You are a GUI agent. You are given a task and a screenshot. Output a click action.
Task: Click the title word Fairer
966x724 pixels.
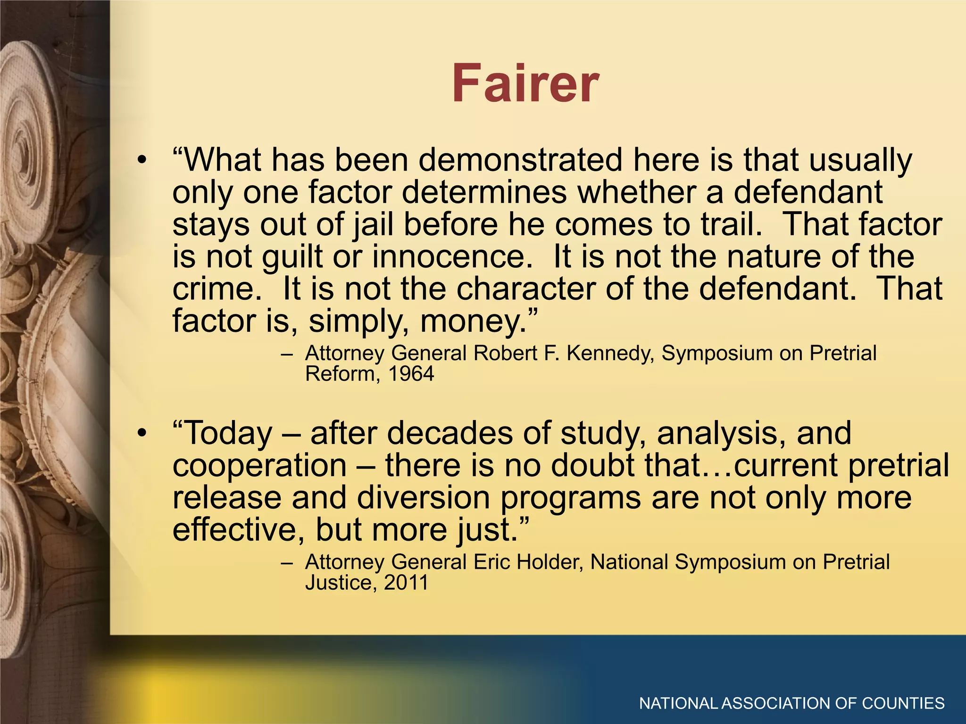point(525,84)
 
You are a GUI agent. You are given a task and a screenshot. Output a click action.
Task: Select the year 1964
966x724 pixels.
point(411,374)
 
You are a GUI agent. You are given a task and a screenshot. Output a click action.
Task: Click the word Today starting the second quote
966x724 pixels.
point(229,434)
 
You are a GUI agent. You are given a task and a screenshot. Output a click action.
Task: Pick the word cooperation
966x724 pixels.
point(260,466)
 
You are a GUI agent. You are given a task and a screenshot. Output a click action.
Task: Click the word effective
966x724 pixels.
point(238,530)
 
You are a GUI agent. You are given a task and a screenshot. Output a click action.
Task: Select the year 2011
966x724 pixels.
point(406,583)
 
